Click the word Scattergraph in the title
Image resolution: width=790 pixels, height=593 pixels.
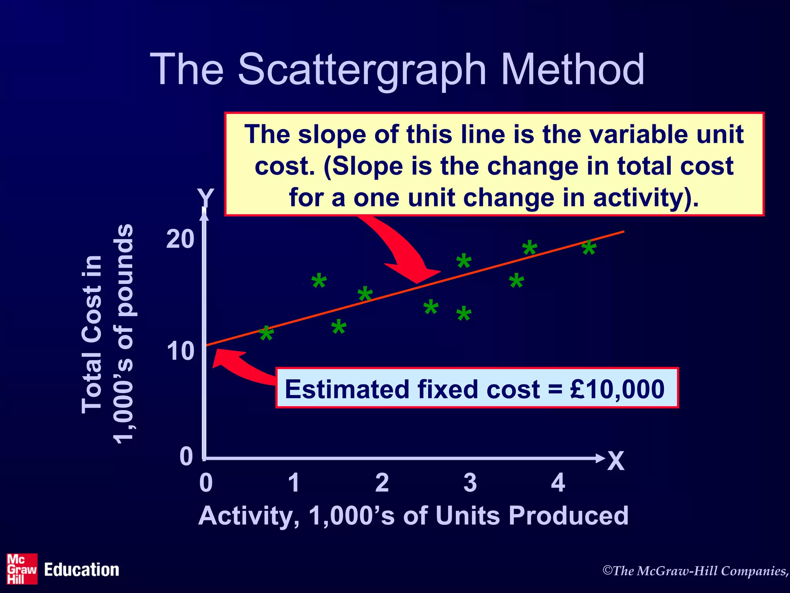tap(362, 69)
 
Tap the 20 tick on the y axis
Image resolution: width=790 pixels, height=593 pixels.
tap(180, 239)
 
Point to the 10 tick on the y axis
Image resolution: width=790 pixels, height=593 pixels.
tap(180, 351)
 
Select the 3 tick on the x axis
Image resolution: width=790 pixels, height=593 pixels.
tap(470, 483)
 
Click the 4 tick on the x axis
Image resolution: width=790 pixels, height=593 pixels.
tap(558, 483)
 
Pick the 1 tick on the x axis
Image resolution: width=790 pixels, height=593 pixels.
tap(294, 483)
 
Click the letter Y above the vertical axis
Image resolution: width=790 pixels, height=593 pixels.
tap(206, 198)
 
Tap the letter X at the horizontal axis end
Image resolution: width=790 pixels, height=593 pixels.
tap(616, 461)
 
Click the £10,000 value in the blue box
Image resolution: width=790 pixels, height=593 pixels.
tap(617, 389)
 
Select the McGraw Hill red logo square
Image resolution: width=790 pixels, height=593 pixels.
tap(22, 569)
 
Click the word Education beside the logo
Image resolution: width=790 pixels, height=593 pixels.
tap(81, 570)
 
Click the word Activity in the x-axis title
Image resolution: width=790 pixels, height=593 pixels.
tap(248, 516)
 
